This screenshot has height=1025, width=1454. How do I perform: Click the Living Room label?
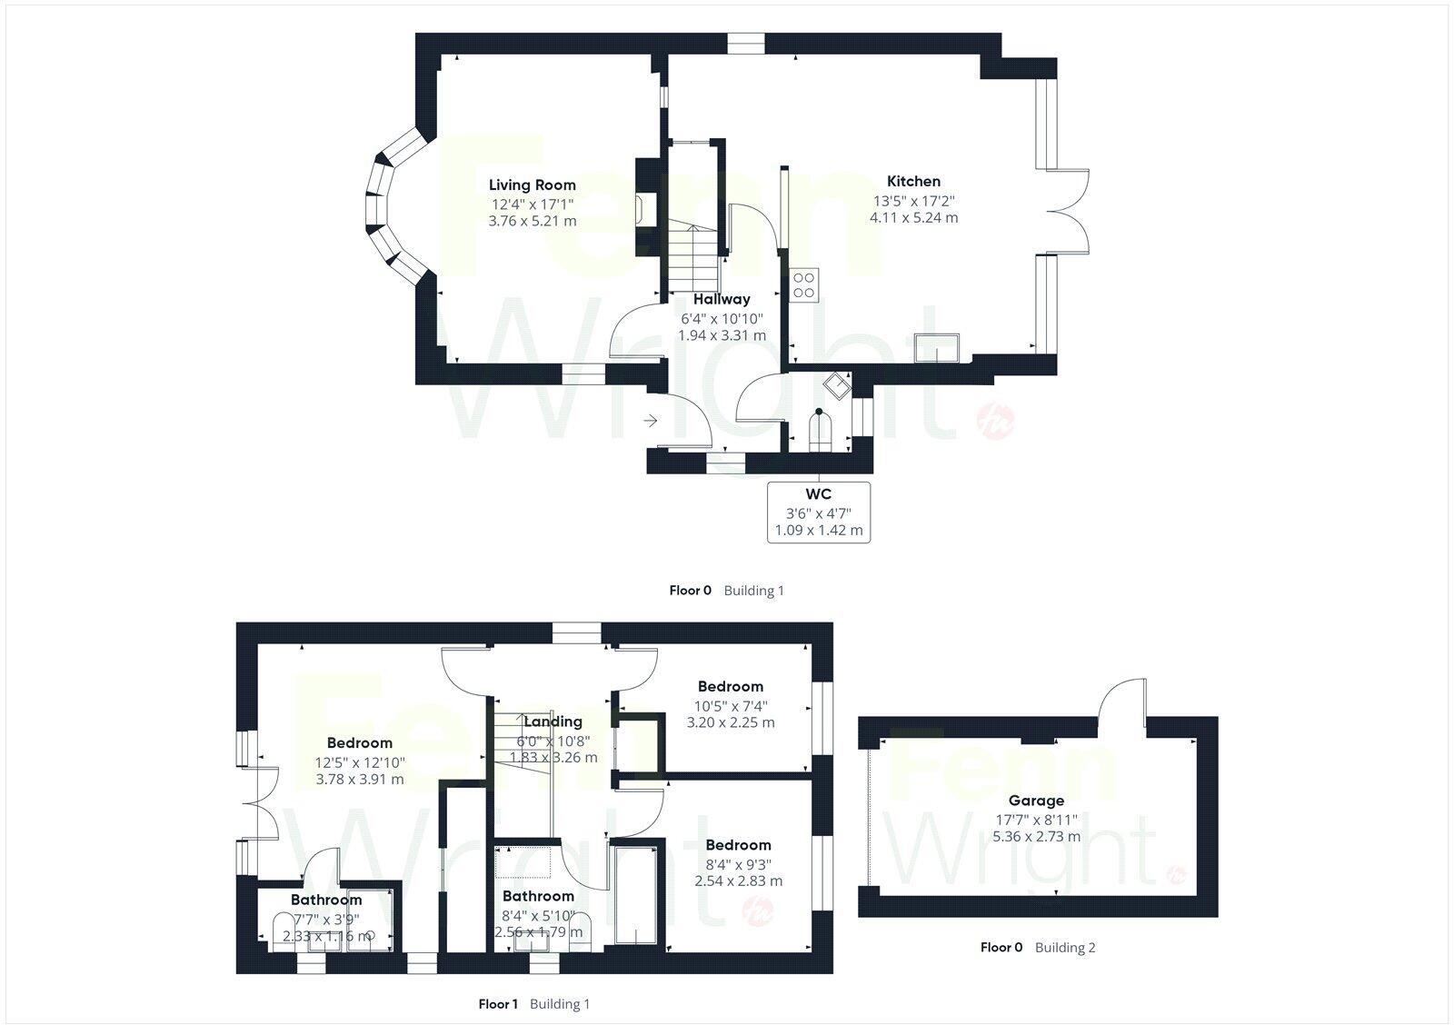(532, 185)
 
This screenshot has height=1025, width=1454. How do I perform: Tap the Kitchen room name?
(913, 182)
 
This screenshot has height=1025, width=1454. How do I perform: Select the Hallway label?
(722, 299)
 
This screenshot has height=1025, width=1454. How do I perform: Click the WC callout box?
(819, 512)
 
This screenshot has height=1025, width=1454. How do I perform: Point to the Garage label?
(1036, 801)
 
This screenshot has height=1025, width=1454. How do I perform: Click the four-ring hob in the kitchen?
(804, 284)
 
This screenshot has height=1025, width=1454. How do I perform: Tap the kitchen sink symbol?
(937, 347)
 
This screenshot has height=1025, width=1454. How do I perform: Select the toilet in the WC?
(818, 429)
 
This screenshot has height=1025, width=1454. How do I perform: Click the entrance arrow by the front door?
(651, 421)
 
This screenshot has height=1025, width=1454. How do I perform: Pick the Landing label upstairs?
(553, 721)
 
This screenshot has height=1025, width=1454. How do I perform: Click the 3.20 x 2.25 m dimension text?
(731, 723)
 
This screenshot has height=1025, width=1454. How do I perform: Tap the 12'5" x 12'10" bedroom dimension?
(360, 762)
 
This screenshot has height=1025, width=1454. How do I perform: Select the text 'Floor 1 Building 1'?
(534, 1004)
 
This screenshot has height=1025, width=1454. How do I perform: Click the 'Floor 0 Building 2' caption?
(1038, 947)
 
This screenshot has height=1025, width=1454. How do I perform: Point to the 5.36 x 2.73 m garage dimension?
(1036, 836)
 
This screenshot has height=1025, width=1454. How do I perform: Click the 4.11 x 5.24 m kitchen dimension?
(913, 218)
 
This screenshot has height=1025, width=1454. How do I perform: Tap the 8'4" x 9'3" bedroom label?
(738, 864)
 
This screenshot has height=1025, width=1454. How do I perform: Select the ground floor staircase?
(696, 254)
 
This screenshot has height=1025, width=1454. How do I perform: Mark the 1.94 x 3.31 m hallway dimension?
(722, 335)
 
